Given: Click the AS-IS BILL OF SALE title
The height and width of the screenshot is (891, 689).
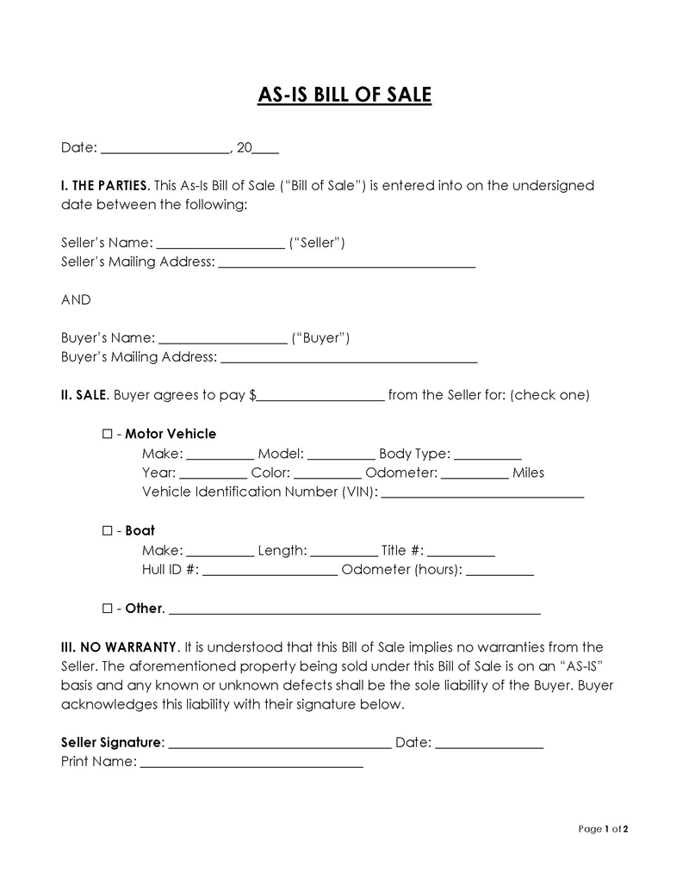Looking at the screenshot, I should coord(344,94).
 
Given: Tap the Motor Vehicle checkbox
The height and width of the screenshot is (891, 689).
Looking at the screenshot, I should coord(108,434).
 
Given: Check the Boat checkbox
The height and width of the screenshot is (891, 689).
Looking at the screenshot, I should coord(108,531).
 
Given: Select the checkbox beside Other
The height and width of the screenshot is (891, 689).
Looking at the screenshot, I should coord(108,609).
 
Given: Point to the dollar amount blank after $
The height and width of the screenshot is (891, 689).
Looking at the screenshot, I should coord(320,397).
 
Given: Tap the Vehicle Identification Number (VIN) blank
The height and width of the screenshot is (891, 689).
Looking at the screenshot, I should coord(482,494).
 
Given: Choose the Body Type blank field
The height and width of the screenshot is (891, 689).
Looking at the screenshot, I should coord(487,455).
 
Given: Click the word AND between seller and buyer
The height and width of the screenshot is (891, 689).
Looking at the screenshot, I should coord(76,300).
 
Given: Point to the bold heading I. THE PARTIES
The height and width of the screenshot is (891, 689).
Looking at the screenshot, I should coord(105,186).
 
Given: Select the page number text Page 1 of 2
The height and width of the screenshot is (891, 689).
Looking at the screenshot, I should coord(603,830).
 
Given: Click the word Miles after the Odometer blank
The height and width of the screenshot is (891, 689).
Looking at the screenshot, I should coord(528,473).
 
